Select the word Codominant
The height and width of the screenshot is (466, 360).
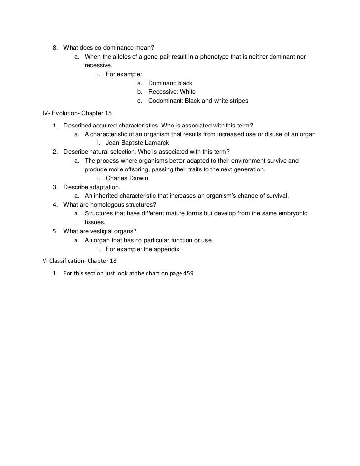tap(166, 101)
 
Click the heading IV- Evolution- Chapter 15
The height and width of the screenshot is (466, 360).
tap(78, 113)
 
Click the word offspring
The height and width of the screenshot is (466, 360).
tap(127, 169)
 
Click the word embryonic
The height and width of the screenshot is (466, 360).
tap(291, 213)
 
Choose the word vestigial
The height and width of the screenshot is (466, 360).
tap(111, 231)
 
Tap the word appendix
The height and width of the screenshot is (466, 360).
tap(165, 249)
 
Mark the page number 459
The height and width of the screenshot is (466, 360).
tap(188, 273)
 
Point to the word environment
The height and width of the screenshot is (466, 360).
tap(240, 161)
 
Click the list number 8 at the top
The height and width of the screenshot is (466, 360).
tap(55, 47)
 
